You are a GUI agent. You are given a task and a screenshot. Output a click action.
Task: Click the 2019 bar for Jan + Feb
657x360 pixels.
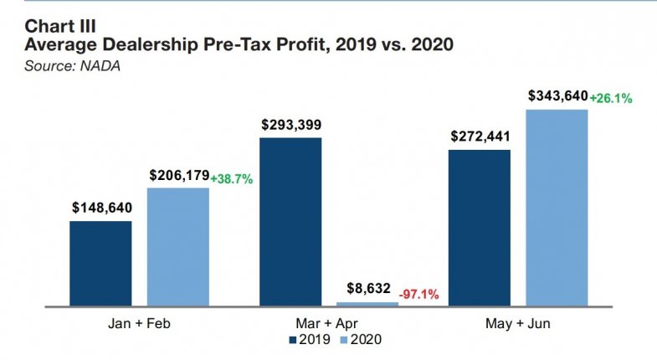[x=100, y=263]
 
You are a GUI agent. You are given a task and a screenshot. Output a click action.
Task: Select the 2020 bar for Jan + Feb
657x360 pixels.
[x=178, y=246]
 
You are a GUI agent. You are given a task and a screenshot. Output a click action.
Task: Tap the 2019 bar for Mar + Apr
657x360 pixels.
[x=290, y=221]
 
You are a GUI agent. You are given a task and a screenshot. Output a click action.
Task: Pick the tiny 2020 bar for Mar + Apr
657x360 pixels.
[x=368, y=303]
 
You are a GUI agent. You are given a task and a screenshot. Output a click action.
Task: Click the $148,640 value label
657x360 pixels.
[x=100, y=208]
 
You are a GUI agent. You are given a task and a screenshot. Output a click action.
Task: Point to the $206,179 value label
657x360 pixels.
[x=178, y=175]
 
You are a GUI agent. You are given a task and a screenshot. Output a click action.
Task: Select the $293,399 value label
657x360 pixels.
[x=290, y=125]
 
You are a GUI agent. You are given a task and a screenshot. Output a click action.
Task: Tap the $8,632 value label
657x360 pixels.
[x=368, y=289]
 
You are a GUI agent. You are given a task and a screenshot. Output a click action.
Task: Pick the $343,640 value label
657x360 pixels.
[x=557, y=96]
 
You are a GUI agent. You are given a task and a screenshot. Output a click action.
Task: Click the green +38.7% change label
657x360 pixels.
[x=233, y=178]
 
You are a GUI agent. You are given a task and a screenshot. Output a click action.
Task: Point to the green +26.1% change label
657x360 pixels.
[x=611, y=98]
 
